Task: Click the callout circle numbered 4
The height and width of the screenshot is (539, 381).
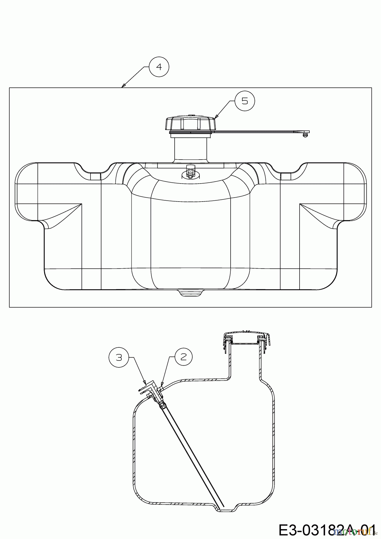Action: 159,67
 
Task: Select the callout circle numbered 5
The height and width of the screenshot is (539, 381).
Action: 245,101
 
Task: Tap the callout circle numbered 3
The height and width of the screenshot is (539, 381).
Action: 119,357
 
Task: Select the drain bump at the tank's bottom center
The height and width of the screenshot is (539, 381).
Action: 190,293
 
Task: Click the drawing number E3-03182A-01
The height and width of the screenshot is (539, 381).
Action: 326,529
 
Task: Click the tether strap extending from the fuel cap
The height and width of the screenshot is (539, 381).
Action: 258,131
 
